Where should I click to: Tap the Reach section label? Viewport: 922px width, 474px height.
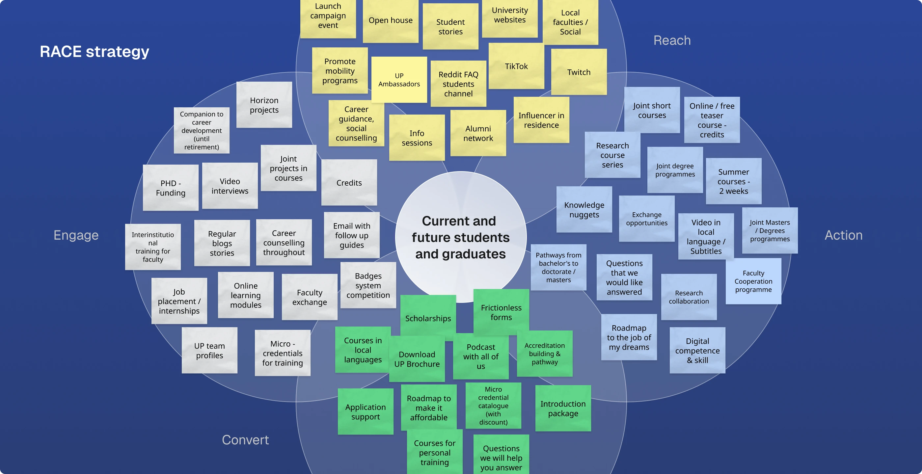click(x=672, y=40)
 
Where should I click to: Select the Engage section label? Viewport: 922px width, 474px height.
click(x=76, y=235)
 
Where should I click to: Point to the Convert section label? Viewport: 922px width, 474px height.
click(x=245, y=440)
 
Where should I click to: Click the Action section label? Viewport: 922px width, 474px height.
click(x=843, y=235)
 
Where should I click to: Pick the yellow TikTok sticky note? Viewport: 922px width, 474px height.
click(x=516, y=66)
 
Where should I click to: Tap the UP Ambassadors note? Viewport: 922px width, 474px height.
click(x=399, y=80)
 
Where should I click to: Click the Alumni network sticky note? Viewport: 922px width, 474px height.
click(x=478, y=133)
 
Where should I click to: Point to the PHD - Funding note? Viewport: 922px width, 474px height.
click(x=171, y=188)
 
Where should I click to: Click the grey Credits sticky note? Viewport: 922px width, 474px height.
click(x=349, y=183)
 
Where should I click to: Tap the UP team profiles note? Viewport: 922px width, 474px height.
click(x=209, y=351)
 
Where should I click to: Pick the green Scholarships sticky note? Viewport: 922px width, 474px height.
click(x=428, y=318)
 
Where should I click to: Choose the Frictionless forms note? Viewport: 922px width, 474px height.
click(x=501, y=312)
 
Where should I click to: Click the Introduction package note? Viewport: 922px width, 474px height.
click(x=563, y=408)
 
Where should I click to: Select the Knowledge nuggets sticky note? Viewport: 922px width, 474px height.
click(x=584, y=210)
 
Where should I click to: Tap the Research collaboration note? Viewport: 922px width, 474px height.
click(x=689, y=297)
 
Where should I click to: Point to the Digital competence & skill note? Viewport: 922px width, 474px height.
click(x=697, y=351)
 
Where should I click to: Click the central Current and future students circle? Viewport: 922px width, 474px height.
click(x=461, y=237)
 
